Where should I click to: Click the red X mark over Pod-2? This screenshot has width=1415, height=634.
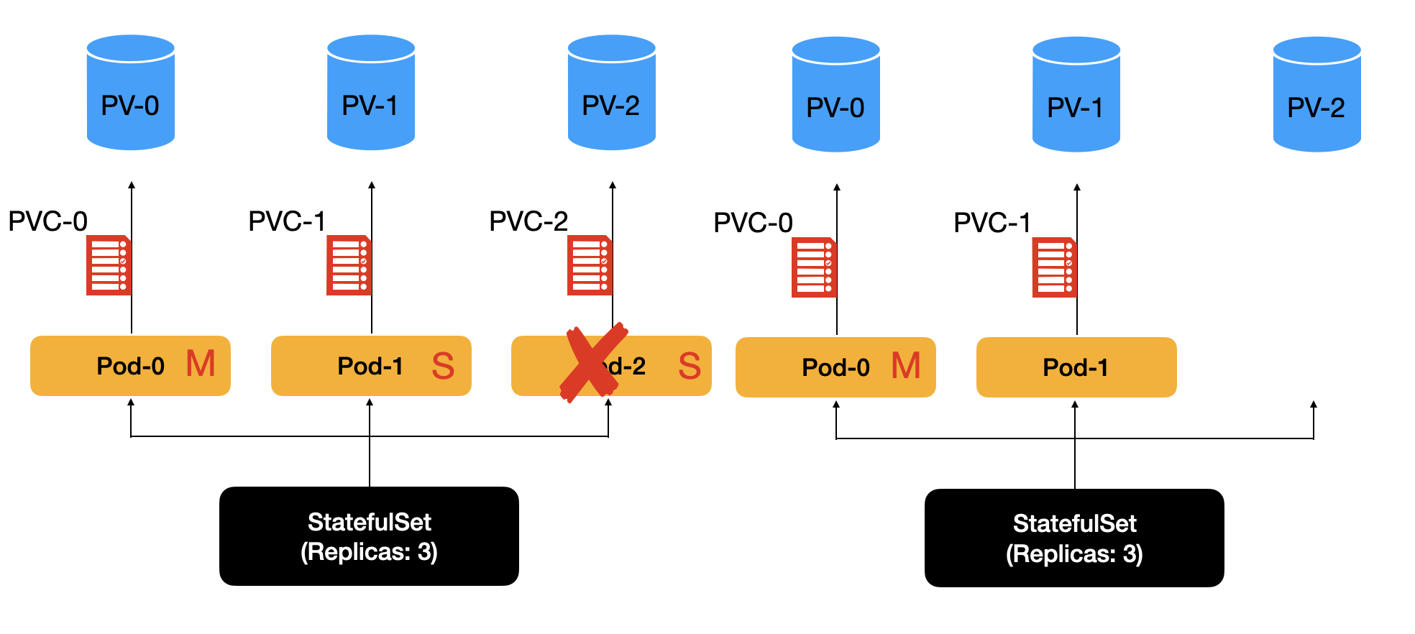pos(592,363)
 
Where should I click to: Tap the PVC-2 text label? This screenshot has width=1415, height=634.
pos(528,221)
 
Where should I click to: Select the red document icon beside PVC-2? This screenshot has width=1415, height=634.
pos(589,265)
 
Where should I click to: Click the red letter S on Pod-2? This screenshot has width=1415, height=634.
pos(690,366)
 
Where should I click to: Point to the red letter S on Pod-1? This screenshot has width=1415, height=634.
pos(443,366)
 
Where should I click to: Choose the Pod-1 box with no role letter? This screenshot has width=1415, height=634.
pos(1076,367)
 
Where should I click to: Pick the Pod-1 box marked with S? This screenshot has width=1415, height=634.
pos(370,366)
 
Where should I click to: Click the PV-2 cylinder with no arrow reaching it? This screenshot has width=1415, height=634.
pos(1316,94)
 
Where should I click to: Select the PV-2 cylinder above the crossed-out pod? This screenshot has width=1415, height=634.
pos(611,93)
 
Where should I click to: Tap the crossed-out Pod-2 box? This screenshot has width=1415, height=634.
pos(647,366)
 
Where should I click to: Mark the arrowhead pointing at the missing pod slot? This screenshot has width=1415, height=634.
pos(1314,405)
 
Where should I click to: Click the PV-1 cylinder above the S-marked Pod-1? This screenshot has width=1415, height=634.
pos(370,93)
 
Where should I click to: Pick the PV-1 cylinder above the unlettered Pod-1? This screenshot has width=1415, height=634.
pos(1076,94)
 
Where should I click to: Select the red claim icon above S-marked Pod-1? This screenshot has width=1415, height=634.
pos(348,265)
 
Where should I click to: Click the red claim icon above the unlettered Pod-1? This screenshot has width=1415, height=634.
pos(1054,267)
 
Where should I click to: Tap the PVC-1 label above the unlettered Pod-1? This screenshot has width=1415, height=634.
pos(992,223)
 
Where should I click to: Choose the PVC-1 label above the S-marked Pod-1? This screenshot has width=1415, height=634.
pos(287,221)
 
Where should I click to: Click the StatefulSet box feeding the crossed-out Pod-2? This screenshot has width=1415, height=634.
pos(369,536)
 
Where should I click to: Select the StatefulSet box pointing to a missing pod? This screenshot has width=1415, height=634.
pos(1074,538)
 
